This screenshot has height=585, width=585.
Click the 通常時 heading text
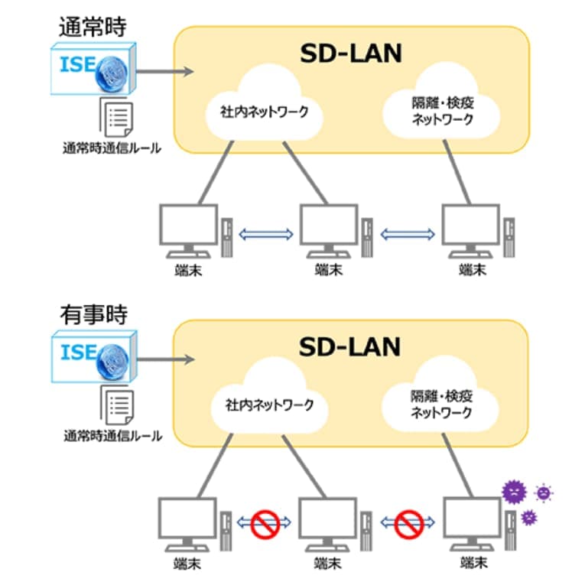(x=93, y=25)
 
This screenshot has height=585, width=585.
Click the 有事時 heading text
(x=93, y=314)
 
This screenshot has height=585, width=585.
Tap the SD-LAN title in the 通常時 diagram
(x=349, y=54)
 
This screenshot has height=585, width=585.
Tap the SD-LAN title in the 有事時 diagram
(x=349, y=346)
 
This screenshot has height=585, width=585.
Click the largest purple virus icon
(x=514, y=489)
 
